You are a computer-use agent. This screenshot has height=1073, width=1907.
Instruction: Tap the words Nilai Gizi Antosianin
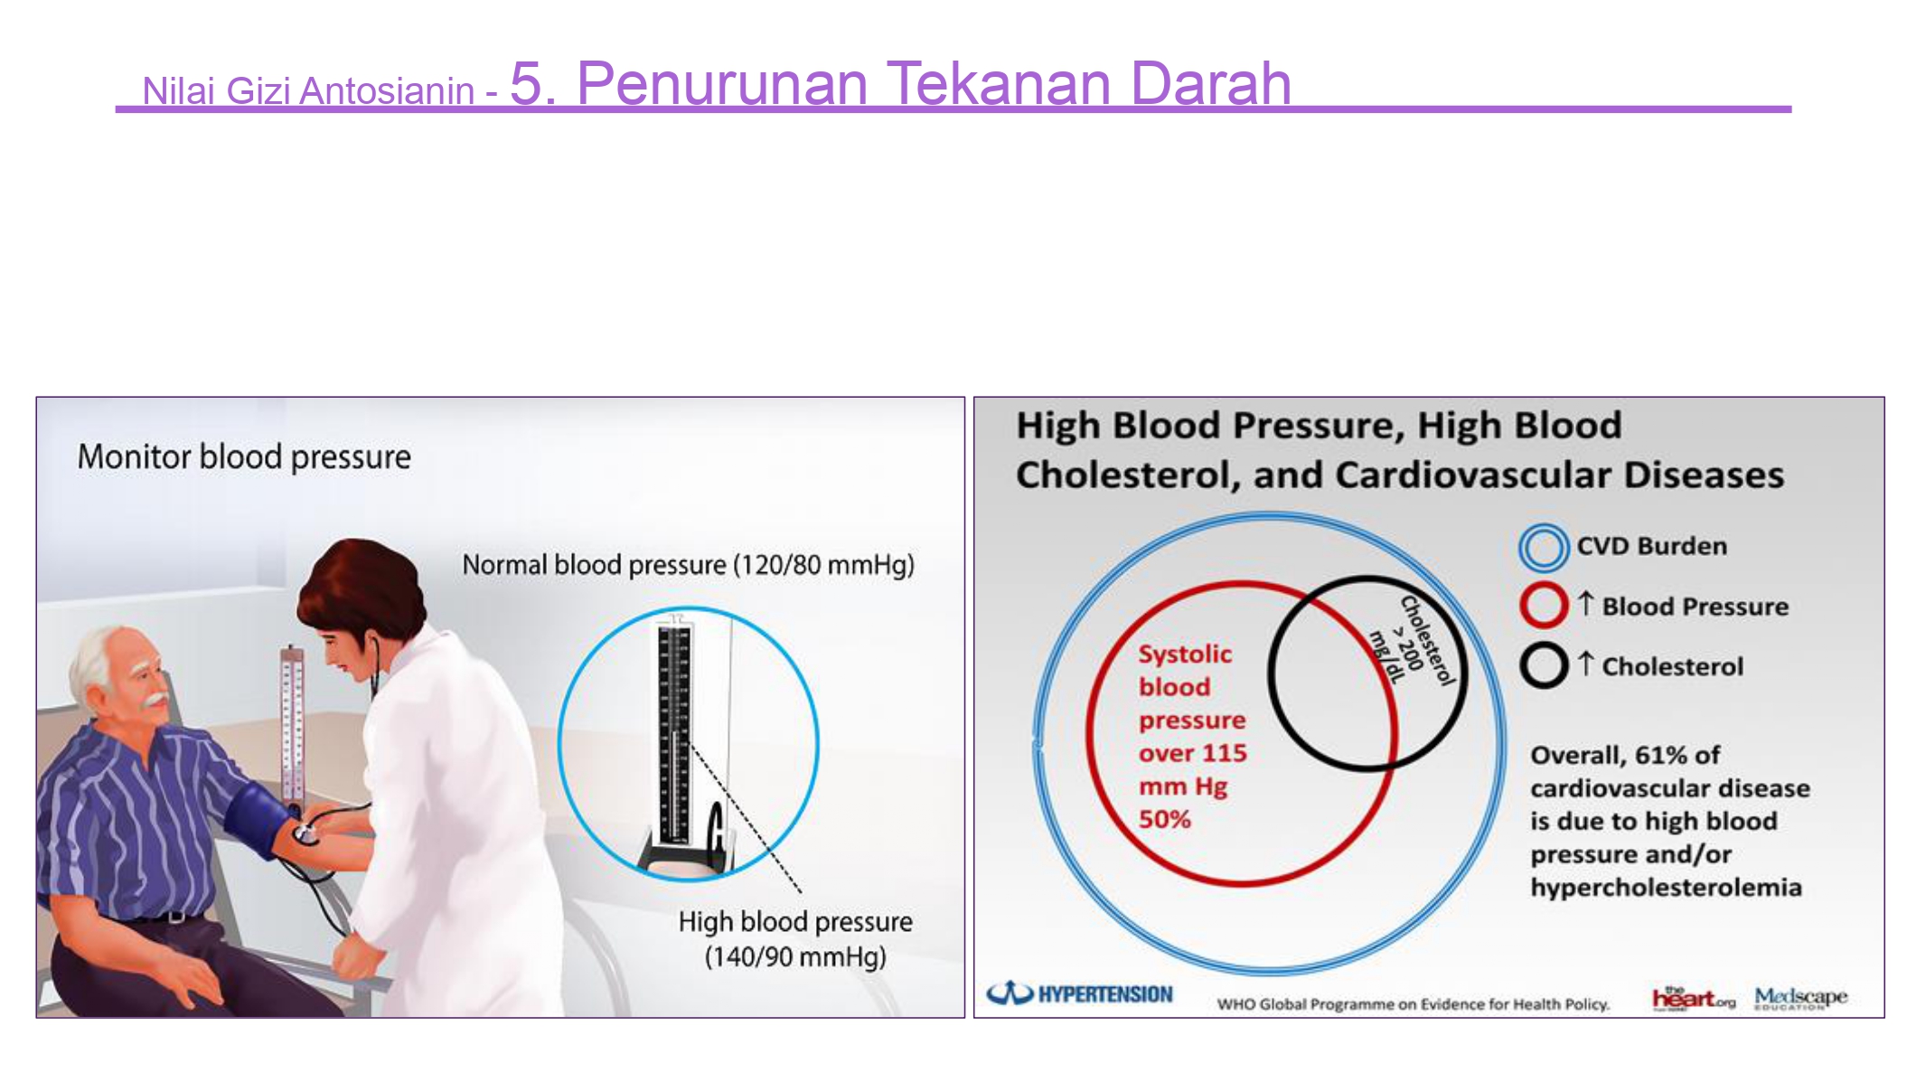[x=308, y=90]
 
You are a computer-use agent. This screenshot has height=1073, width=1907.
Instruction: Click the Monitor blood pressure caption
[x=244, y=456]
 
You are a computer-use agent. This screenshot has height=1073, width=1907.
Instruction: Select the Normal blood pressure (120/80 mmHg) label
[x=688, y=565]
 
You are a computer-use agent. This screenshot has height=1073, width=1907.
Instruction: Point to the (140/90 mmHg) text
[x=795, y=956]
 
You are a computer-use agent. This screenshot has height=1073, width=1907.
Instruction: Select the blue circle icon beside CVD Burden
[x=1543, y=547]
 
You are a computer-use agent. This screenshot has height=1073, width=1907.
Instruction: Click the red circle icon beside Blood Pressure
[x=1543, y=606]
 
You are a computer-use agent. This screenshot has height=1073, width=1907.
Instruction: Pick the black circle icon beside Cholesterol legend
[x=1543, y=665]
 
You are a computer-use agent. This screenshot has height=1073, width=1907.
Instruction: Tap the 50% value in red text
[x=1164, y=819]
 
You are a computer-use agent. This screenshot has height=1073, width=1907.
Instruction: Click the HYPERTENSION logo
[x=1079, y=993]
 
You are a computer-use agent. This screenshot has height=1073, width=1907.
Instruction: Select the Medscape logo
[x=1800, y=998]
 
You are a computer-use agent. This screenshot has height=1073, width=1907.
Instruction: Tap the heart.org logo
[x=1693, y=998]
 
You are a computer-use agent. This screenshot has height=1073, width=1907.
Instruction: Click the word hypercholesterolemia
[x=1666, y=888]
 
